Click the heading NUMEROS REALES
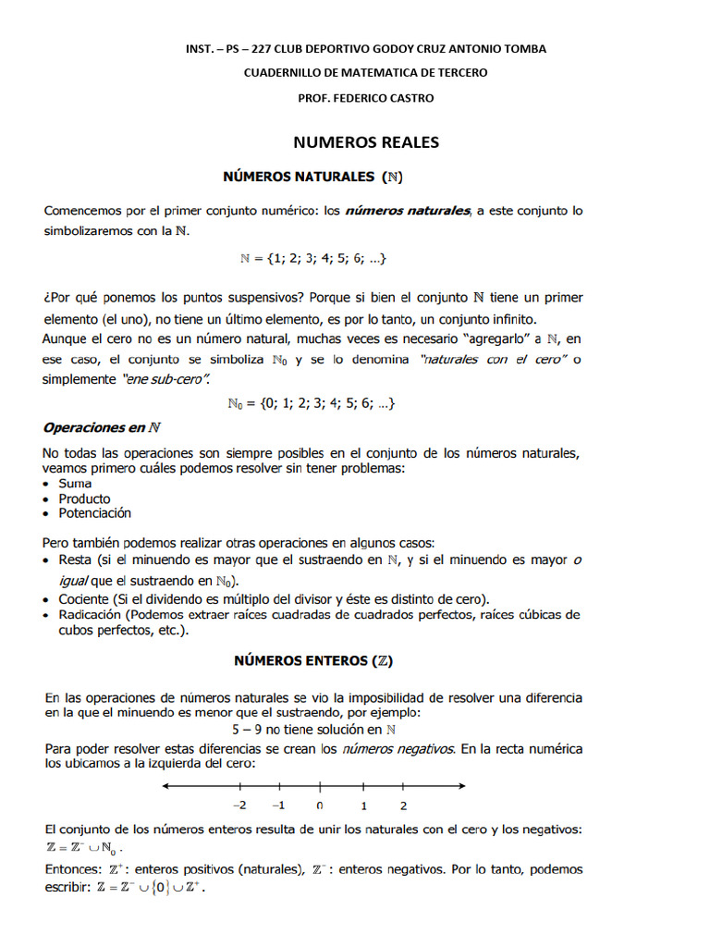coord(366,142)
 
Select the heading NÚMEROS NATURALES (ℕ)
coord(313,176)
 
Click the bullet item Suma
coord(75,483)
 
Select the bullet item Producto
coord(84,498)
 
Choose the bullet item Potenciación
coord(95,513)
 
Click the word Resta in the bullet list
coord(74,560)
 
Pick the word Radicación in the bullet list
coord(90,614)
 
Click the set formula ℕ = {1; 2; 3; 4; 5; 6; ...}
coord(313,260)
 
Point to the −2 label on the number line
coord(239,805)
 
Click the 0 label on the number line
coord(320,805)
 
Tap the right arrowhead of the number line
coord(460,786)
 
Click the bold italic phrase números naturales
coord(407,211)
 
